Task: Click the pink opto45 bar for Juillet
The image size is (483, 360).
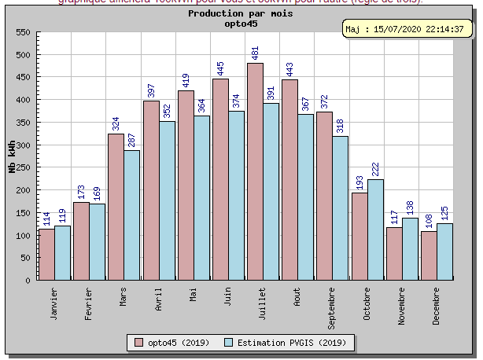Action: point(255,171)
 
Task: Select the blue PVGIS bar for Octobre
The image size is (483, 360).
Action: point(375,229)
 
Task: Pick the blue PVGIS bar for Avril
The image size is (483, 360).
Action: point(168,200)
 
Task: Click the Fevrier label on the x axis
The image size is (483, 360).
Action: point(89,303)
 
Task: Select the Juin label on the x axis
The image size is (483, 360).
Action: point(227,297)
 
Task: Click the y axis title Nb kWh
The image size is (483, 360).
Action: point(11,156)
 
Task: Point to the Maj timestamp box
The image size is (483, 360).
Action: point(409,29)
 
